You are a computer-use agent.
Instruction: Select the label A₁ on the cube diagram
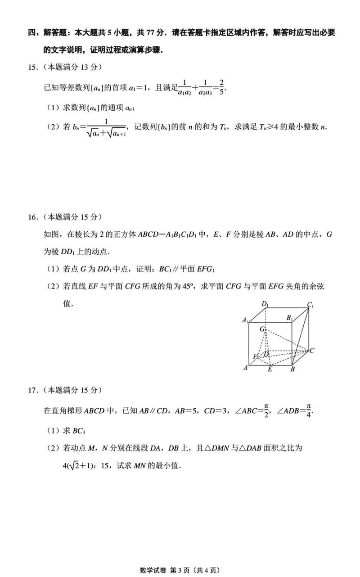click(x=245, y=320)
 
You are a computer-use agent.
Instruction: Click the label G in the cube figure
click(x=261, y=329)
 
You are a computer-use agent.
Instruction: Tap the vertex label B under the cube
click(x=292, y=370)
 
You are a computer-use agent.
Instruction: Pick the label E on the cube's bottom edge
click(x=270, y=370)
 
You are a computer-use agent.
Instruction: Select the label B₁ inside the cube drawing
click(x=290, y=318)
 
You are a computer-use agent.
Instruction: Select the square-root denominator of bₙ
click(x=106, y=132)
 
